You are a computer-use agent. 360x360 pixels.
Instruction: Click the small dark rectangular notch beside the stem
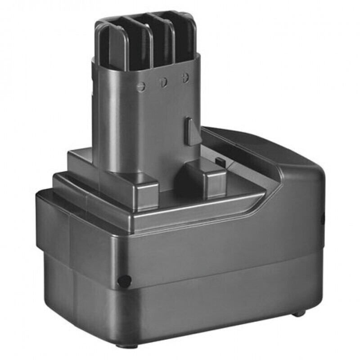click(220, 161)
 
